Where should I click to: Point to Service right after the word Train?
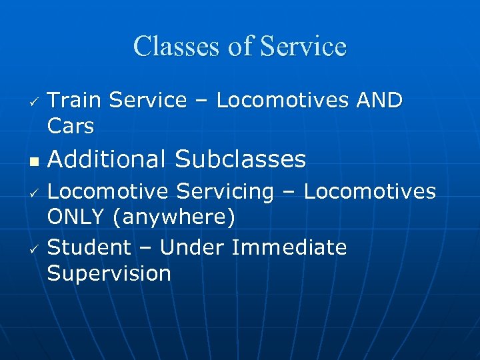click(148, 101)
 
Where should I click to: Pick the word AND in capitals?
click(380, 101)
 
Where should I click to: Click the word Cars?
click(71, 125)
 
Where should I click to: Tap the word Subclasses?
click(241, 159)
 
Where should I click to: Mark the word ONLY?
click(76, 217)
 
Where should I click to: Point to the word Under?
click(193, 247)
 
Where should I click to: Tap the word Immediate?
click(289, 247)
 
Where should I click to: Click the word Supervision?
click(109, 273)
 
